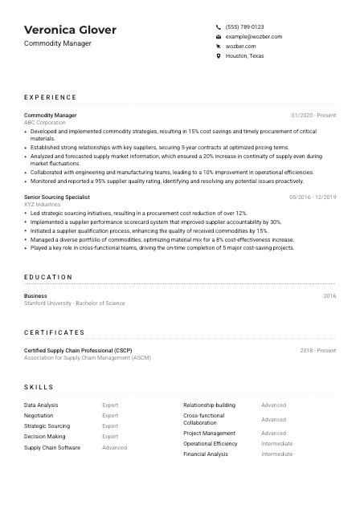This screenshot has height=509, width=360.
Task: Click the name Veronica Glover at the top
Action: click(x=70, y=30)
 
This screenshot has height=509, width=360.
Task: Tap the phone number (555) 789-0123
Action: click(x=244, y=26)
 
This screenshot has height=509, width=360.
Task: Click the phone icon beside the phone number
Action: click(x=219, y=26)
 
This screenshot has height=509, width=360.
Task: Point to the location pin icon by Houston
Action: click(x=219, y=56)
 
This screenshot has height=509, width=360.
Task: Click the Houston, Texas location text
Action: click(x=244, y=56)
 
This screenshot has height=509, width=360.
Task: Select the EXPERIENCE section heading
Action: click(x=51, y=97)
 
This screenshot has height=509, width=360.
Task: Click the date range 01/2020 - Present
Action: click(x=313, y=116)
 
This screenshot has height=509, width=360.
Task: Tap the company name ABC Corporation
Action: click(x=46, y=123)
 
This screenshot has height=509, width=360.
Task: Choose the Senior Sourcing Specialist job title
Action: click(x=57, y=197)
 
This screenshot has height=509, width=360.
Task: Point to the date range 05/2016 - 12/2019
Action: click(x=313, y=197)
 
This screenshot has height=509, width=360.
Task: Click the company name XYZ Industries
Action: click(x=43, y=205)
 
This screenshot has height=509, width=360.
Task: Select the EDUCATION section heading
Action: click(x=48, y=277)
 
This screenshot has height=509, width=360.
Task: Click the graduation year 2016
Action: click(x=329, y=296)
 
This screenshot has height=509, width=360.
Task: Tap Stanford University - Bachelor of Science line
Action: click(x=75, y=303)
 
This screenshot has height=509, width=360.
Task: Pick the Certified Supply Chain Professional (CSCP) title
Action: click(x=78, y=350)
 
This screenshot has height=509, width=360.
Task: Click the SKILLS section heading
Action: click(x=39, y=386)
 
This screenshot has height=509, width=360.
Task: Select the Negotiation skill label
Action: click(x=39, y=416)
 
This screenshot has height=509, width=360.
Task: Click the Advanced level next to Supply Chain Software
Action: click(x=115, y=447)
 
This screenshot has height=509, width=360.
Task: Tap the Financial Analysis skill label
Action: click(x=206, y=454)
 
